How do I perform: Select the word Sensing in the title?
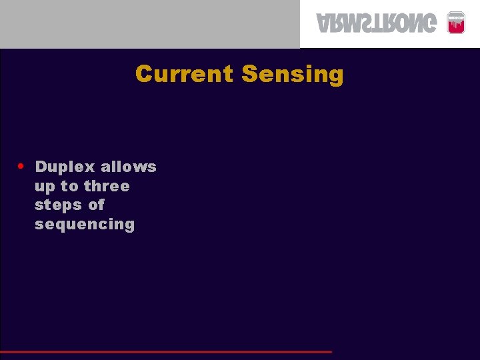292,74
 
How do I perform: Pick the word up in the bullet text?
44,187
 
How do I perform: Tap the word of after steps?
96,205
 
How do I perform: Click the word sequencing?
85,225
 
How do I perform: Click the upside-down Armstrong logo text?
377,24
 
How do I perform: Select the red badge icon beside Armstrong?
456,23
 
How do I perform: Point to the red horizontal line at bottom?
167,351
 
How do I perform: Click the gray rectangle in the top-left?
149,24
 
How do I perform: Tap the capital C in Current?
143,73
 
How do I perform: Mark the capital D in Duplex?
41,167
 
